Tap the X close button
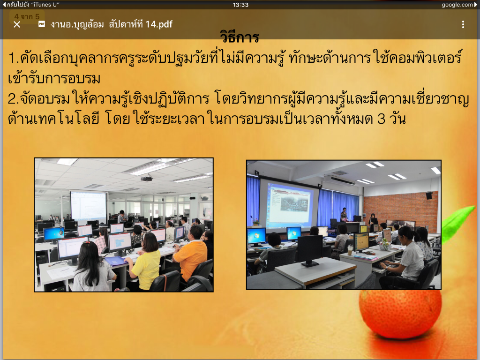(17, 24)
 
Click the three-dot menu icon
(463, 24)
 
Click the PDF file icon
(42, 24)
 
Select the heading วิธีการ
(240, 37)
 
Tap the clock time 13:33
(240, 5)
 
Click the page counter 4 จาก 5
(27, 16)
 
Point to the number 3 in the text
(381, 119)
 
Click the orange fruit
(400, 314)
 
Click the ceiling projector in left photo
(146, 178)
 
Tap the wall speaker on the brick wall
(429, 195)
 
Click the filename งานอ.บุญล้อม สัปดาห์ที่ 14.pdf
(112, 24)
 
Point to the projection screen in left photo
(89, 206)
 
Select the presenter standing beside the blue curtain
(344, 214)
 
